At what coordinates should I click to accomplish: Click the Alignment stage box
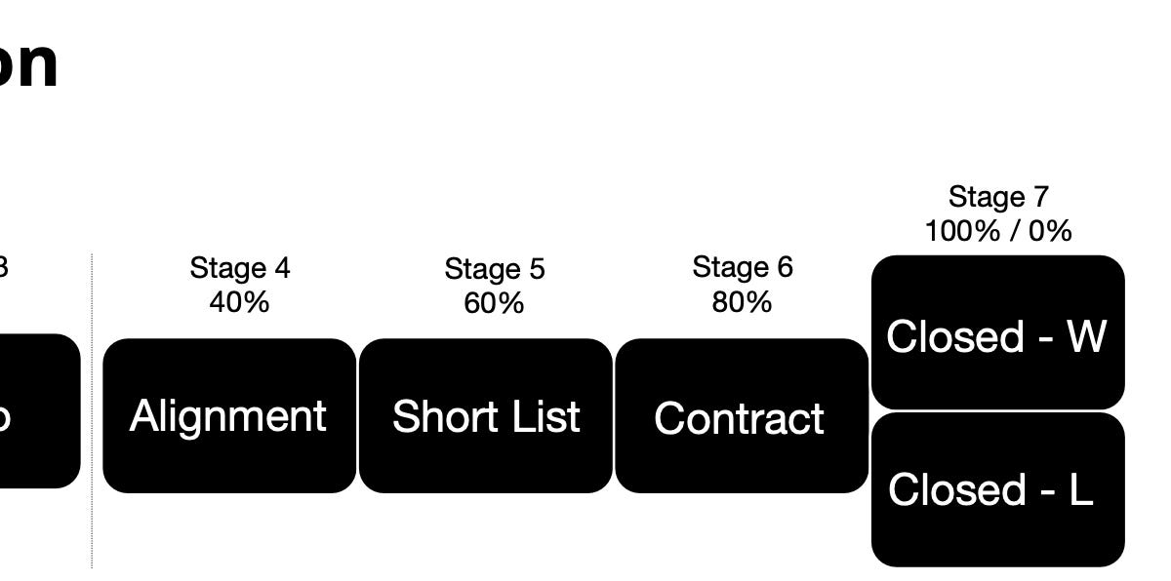(x=229, y=416)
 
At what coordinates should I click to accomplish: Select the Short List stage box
(x=486, y=416)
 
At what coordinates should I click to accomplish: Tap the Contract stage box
(x=741, y=417)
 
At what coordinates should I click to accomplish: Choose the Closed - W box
(x=997, y=333)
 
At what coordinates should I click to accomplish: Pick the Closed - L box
(x=997, y=489)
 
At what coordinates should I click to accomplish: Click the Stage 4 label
(x=239, y=267)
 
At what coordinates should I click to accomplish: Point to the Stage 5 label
(x=495, y=268)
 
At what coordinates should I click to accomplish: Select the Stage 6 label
(x=743, y=266)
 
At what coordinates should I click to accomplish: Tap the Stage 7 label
(x=998, y=196)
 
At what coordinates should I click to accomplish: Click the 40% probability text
(x=239, y=302)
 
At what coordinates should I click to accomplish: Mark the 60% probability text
(x=494, y=303)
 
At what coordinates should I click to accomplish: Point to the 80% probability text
(x=742, y=302)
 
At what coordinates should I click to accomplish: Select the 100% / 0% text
(x=998, y=231)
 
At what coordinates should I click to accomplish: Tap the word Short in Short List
(x=438, y=416)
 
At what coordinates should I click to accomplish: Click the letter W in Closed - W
(x=1086, y=336)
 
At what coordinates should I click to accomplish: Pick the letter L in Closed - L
(x=1079, y=489)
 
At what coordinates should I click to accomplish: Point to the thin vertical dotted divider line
(x=93, y=409)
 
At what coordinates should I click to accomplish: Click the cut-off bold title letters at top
(x=27, y=64)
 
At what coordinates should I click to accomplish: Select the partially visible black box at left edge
(x=39, y=411)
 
